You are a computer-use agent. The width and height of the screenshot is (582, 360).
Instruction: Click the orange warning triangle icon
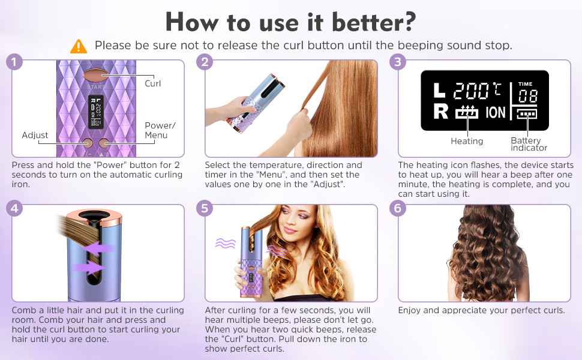(x=79, y=47)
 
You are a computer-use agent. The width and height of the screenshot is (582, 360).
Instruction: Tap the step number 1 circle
(x=14, y=62)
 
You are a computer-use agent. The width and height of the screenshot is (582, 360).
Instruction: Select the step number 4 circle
(x=14, y=208)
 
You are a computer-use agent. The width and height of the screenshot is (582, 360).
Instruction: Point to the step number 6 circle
(x=398, y=208)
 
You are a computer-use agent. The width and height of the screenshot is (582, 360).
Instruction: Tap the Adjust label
(x=35, y=135)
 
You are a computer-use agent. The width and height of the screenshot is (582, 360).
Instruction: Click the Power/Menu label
(x=160, y=130)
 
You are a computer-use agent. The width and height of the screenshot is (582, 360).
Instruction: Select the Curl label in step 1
(x=152, y=83)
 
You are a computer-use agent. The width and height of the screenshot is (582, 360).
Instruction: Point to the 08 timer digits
(x=527, y=96)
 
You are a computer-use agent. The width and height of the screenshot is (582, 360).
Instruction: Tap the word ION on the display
(x=496, y=112)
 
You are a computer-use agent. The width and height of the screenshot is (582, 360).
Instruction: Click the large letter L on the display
(x=439, y=90)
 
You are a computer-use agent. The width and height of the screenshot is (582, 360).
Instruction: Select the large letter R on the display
(x=440, y=112)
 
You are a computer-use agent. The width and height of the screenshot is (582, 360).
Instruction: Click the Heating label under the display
(x=467, y=141)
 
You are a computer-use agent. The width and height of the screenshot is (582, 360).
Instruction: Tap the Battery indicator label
(x=529, y=144)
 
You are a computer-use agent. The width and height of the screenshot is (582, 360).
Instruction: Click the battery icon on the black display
(x=527, y=115)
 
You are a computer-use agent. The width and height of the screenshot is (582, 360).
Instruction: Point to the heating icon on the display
(x=467, y=112)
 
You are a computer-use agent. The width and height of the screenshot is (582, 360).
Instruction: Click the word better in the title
(x=374, y=22)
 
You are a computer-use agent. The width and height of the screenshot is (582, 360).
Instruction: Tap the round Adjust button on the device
(x=88, y=143)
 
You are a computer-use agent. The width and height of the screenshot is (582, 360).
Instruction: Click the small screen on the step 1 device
(x=96, y=112)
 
